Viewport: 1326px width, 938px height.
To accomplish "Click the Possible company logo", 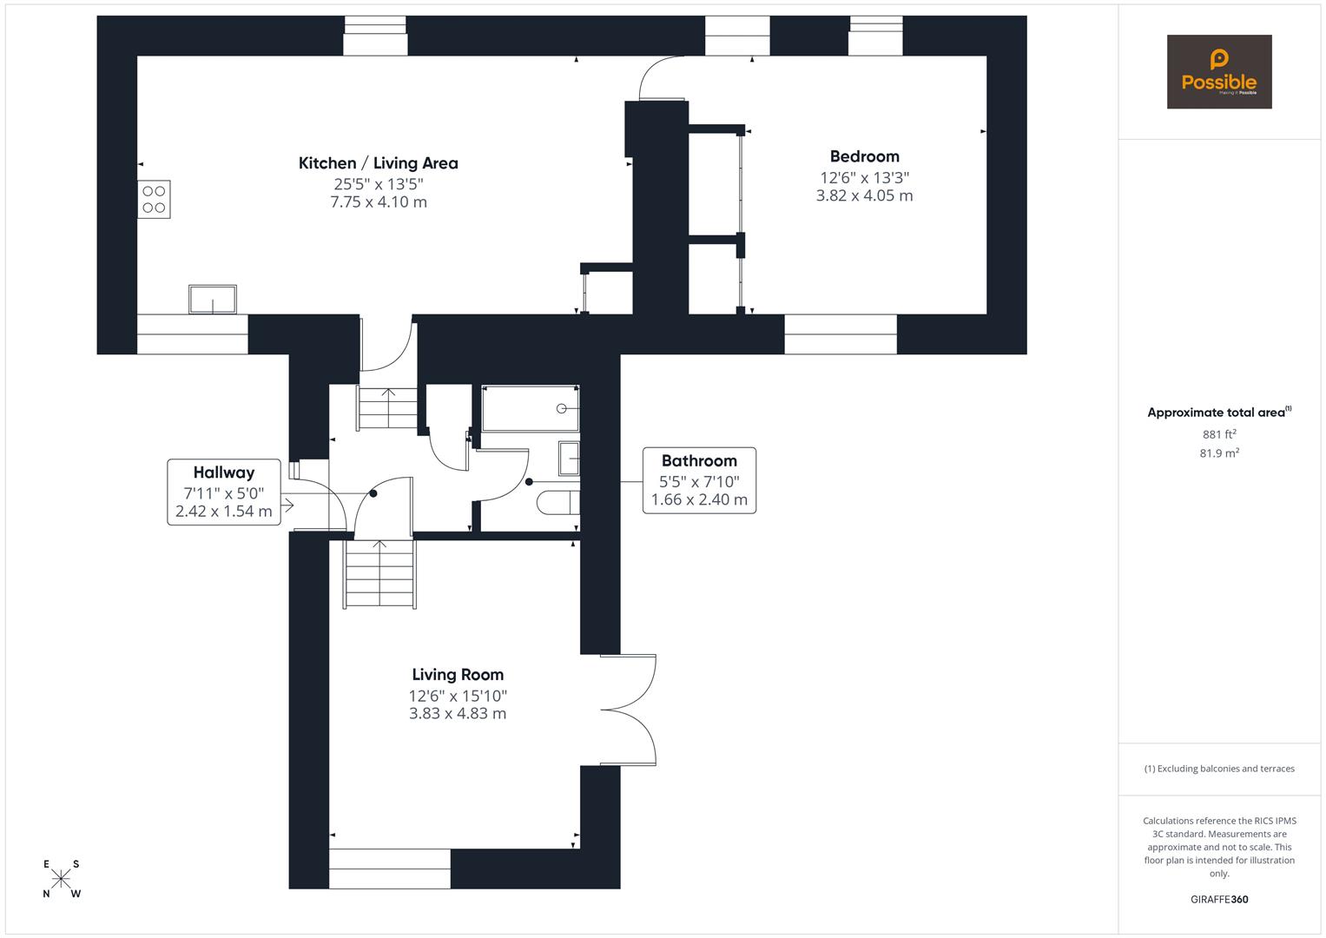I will (1218, 71).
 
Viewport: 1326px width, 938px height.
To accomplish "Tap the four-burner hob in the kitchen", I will (154, 199).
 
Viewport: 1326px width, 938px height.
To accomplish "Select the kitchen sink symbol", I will (213, 299).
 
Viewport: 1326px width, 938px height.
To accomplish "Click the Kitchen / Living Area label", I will (378, 163).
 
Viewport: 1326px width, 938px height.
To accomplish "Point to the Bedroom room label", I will (864, 156).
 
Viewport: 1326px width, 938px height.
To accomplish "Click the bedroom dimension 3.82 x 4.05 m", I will (864, 196).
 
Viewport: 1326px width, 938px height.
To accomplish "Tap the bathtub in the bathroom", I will (530, 408).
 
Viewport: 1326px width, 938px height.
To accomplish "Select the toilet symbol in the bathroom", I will (558, 503).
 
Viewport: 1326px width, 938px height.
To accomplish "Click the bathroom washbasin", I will (569, 459).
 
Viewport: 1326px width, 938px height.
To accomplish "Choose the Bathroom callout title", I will (699, 461).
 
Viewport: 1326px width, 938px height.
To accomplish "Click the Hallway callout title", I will (224, 472).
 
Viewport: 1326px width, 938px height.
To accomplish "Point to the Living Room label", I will (458, 675).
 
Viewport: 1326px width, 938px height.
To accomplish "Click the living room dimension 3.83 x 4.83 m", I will (458, 714).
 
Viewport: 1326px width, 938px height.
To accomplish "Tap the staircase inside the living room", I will (380, 574).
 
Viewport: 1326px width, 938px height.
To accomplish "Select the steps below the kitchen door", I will (388, 407).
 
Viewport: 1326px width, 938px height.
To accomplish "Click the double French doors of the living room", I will (629, 710).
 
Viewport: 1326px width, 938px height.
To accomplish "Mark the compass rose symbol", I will (61, 879).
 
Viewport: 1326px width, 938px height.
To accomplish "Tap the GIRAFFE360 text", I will (1219, 900).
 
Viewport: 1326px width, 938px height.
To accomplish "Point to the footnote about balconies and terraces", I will (1219, 769).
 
